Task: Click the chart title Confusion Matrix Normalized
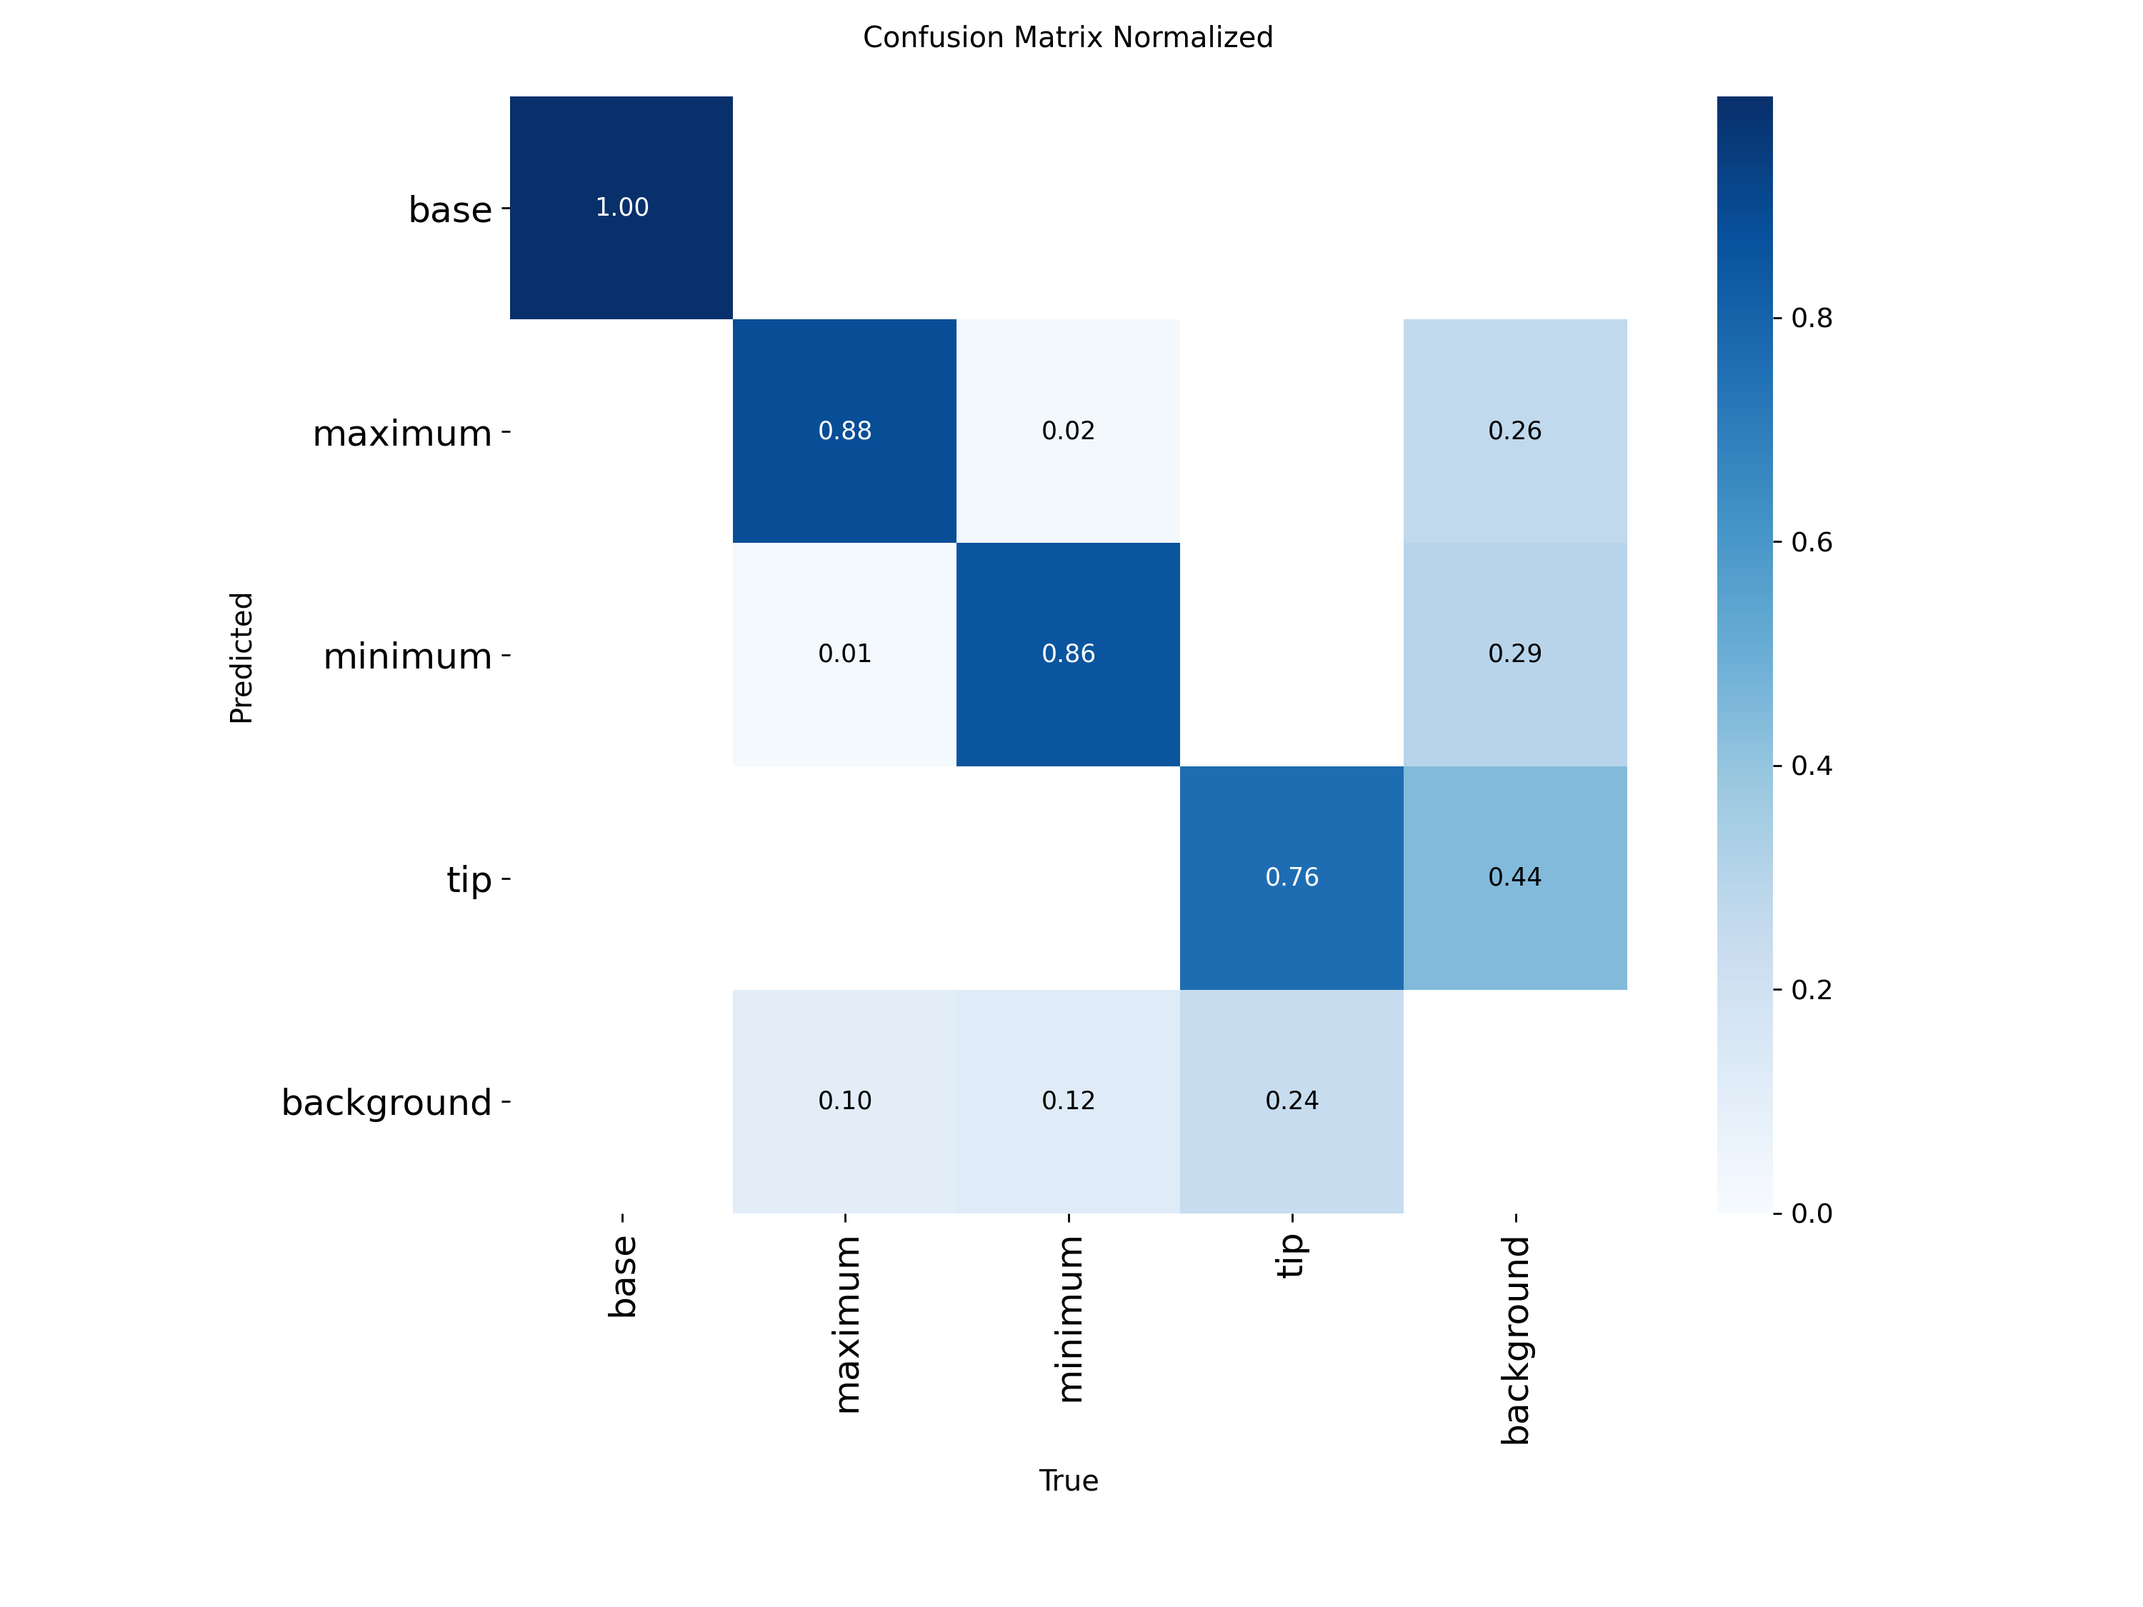tap(1068, 38)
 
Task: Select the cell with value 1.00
tap(621, 207)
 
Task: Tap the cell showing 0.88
tap(845, 431)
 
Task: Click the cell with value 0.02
tap(1068, 431)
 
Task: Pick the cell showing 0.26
tap(1514, 431)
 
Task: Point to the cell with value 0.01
tap(845, 654)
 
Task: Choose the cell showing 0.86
tap(1068, 654)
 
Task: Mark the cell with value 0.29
tap(1514, 654)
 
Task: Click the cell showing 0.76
tap(1292, 878)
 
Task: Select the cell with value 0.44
tap(1514, 878)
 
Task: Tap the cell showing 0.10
tap(845, 1101)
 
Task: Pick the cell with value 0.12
tap(1068, 1101)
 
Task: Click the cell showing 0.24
tap(1292, 1101)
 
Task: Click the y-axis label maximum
tap(402, 433)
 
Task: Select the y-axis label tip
tap(469, 879)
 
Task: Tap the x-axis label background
tap(1515, 1340)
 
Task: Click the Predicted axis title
tap(241, 658)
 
